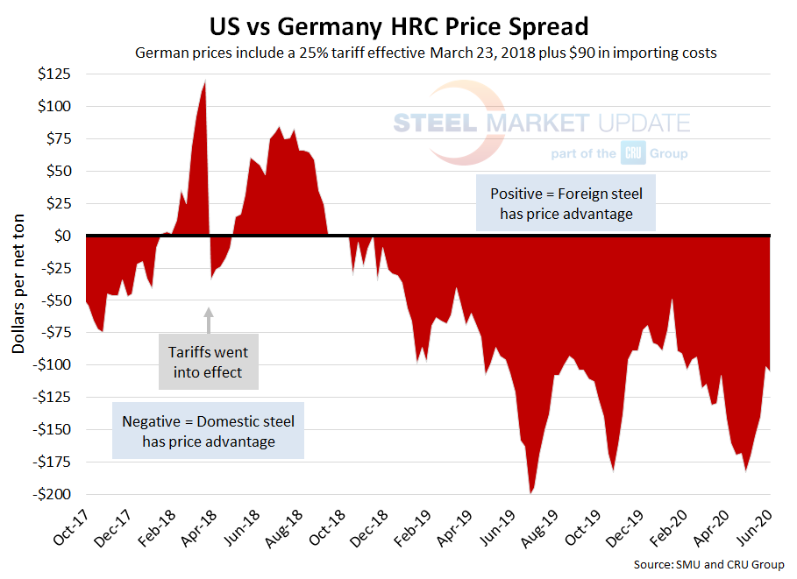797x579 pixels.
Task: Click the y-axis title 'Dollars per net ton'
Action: [x=18, y=284]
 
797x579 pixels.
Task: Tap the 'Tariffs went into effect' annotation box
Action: [x=208, y=362]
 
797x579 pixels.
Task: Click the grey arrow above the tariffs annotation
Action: [x=209, y=320]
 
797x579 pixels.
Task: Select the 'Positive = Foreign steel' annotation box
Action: [x=566, y=203]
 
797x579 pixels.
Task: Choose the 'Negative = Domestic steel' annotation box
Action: [x=209, y=431]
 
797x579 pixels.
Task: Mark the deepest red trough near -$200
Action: [x=530, y=491]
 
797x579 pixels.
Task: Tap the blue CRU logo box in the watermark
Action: [x=633, y=153]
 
